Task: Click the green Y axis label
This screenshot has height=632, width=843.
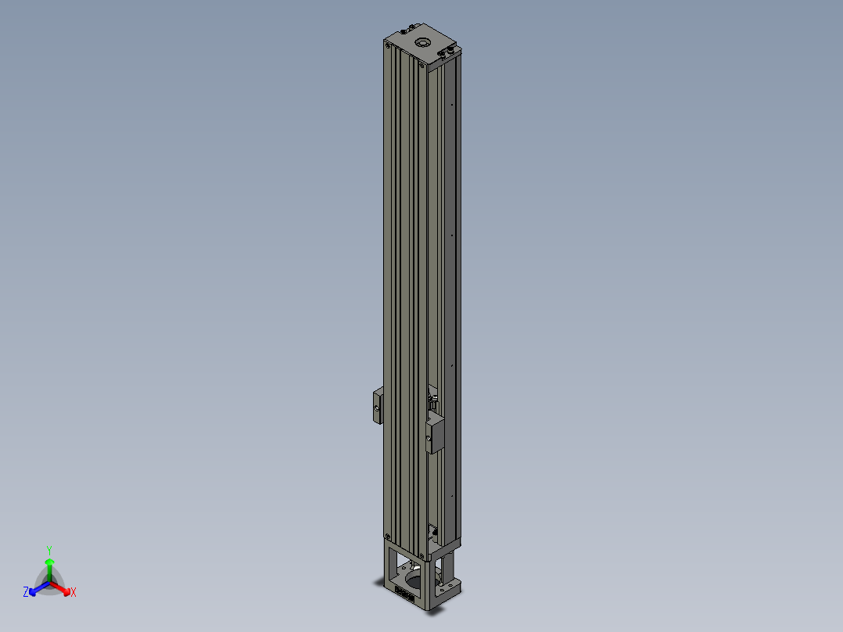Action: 49,550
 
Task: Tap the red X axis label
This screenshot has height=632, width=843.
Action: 74,592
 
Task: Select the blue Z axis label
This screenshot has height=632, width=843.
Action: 26,591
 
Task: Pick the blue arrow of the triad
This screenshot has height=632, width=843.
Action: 39,588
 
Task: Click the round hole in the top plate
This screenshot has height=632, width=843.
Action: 423,42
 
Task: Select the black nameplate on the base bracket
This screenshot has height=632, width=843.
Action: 404,594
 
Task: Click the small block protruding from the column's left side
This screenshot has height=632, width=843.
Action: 378,405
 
